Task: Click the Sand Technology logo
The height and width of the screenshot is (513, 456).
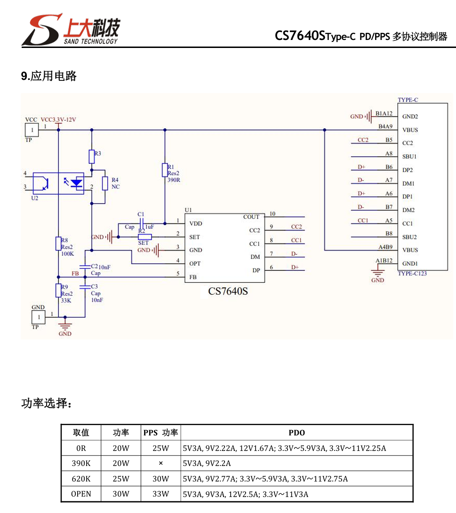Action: (71, 30)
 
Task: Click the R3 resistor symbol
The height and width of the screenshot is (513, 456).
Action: (92, 157)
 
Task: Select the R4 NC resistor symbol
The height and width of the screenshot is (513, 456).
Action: (105, 183)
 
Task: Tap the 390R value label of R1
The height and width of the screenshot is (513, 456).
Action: (174, 180)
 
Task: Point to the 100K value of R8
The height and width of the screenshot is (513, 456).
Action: (67, 253)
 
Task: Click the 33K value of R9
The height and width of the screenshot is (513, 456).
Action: (66, 300)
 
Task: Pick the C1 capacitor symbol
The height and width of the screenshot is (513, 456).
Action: (142, 224)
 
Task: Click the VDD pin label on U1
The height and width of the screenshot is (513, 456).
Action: (196, 223)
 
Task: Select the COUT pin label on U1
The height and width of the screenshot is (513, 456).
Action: (251, 217)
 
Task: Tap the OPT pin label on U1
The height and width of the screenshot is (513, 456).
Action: (195, 263)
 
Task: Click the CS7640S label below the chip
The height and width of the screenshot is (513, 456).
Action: (228, 291)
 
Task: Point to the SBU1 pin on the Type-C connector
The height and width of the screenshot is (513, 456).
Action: (409, 157)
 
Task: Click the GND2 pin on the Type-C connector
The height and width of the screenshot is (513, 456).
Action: (410, 117)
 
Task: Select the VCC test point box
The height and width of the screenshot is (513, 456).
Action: (32, 130)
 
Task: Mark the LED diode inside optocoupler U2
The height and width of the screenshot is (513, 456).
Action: (77, 183)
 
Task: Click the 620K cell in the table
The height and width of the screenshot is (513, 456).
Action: (81, 479)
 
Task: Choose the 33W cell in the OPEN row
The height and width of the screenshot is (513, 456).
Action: (161, 494)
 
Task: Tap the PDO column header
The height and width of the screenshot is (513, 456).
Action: (296, 433)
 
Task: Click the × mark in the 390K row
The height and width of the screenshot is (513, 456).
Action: (161, 463)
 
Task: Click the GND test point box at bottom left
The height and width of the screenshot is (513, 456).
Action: (38, 317)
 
